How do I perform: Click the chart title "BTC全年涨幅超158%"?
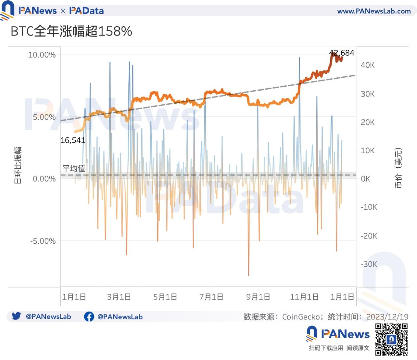click(x=71, y=32)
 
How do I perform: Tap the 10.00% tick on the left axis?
click(x=42, y=55)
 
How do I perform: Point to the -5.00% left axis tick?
click(x=43, y=241)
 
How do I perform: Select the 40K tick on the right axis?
click(x=367, y=65)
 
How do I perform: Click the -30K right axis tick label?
click(x=368, y=264)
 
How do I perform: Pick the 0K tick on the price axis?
click(x=365, y=179)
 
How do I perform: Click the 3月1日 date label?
click(x=119, y=297)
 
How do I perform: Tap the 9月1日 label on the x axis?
click(x=258, y=297)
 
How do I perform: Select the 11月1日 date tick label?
click(x=304, y=297)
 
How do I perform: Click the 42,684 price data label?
click(x=342, y=53)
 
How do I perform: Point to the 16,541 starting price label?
click(x=73, y=140)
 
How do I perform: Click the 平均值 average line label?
click(x=74, y=168)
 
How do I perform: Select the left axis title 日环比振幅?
click(x=18, y=165)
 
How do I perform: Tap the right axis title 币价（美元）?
click(x=398, y=168)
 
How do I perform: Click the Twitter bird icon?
click(x=16, y=316)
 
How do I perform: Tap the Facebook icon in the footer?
click(x=89, y=317)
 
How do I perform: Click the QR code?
click(x=391, y=339)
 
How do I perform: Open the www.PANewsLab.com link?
click(x=374, y=11)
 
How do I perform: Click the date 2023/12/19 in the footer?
click(x=387, y=317)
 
